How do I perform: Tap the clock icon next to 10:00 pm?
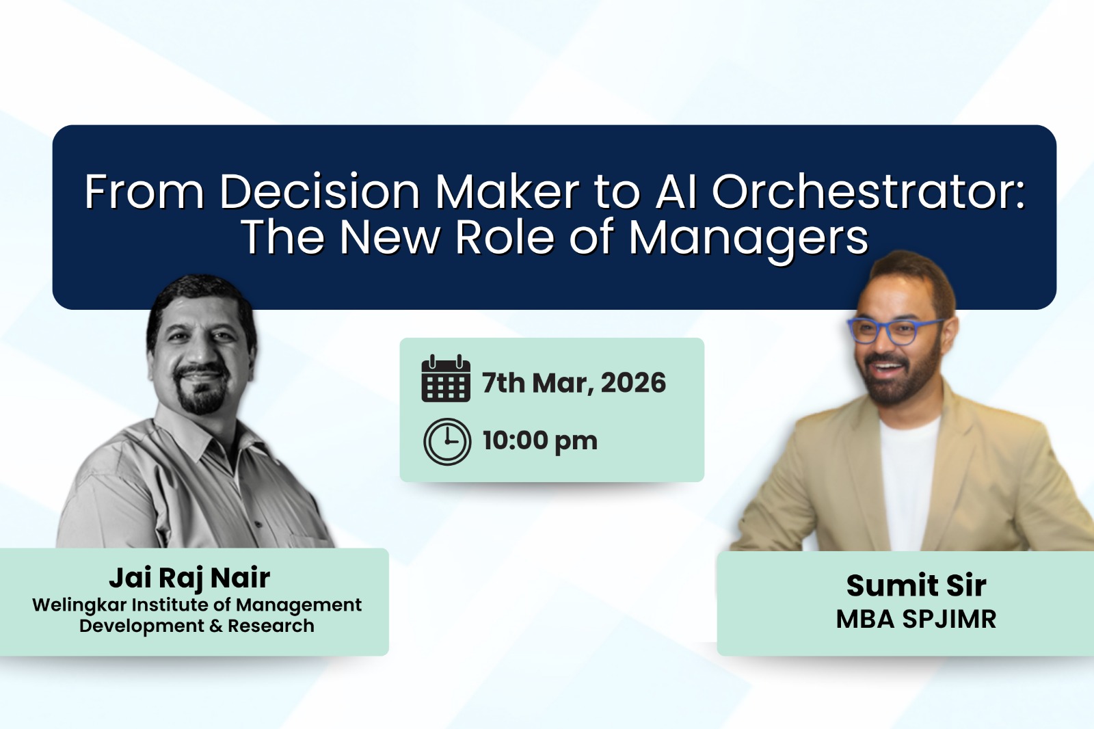coord(447,441)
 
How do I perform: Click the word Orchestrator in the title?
coord(868,191)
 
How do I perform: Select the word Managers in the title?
coord(748,237)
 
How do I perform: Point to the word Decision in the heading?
coord(319,191)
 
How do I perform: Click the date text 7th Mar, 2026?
coord(574,383)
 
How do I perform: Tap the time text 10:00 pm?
coord(539,441)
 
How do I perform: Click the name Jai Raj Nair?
coord(189,579)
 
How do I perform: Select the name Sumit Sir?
coord(916,585)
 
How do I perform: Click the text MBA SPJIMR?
coord(916,620)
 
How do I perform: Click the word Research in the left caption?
coord(271,626)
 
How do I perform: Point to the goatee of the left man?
coord(202,397)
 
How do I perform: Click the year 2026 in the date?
coord(633,383)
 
